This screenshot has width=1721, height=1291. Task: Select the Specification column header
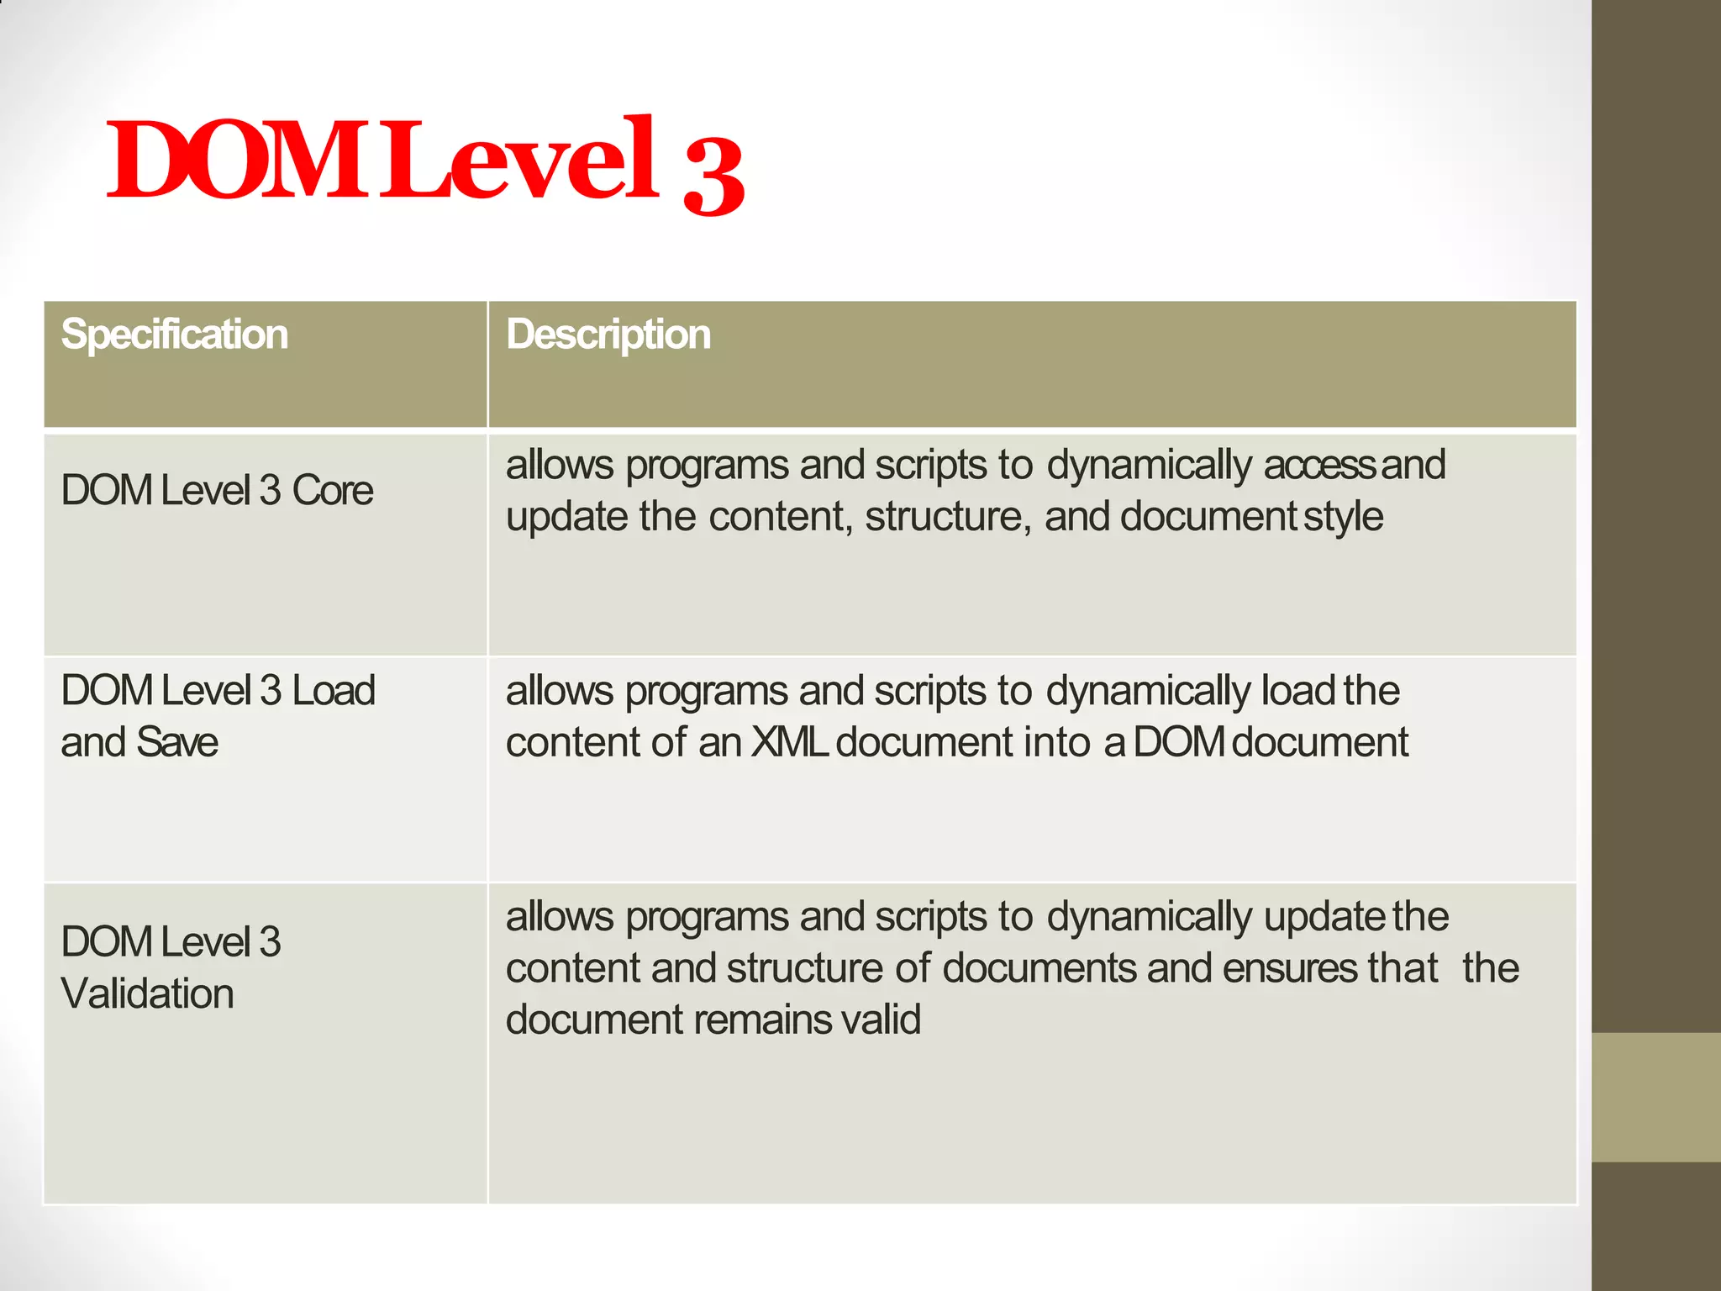pyautogui.click(x=175, y=335)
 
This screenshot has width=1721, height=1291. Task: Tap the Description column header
pyautogui.click(x=608, y=335)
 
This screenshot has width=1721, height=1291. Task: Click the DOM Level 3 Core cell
pyautogui.click(x=217, y=490)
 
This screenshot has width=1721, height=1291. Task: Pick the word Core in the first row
pyautogui.click(x=332, y=490)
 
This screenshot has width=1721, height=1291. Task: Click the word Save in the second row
pyautogui.click(x=176, y=742)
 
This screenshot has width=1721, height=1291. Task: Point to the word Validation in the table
pyautogui.click(x=147, y=993)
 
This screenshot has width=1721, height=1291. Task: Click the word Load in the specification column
pyautogui.click(x=333, y=691)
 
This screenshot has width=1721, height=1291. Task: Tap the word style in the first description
pyautogui.click(x=1343, y=517)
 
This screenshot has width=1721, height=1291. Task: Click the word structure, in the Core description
pyautogui.click(x=948, y=517)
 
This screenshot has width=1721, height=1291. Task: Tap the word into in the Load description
pyautogui.click(x=1055, y=742)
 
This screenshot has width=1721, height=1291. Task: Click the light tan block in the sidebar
pyautogui.click(x=1655, y=1097)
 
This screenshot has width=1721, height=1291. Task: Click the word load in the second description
pyautogui.click(x=1298, y=691)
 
